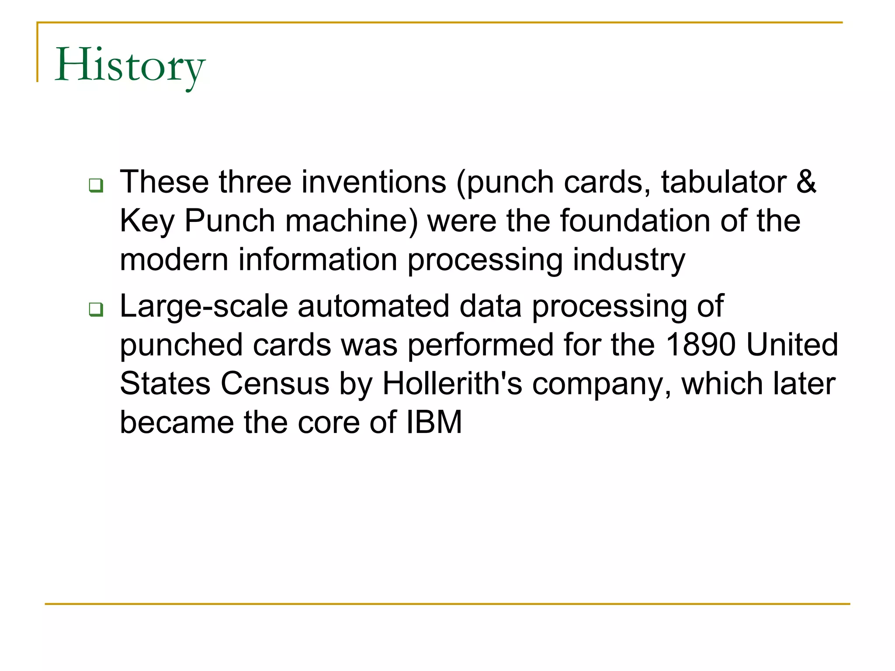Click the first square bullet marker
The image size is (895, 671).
point(96,185)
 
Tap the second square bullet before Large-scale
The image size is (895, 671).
point(96,309)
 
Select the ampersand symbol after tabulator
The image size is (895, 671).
point(806,182)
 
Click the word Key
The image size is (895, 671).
point(147,221)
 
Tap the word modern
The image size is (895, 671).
point(174,259)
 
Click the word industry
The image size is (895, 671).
point(629,260)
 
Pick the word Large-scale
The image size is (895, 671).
point(204,307)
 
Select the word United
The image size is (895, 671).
point(792,345)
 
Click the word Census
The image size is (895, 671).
point(275,384)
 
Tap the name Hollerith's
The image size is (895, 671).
point(452,384)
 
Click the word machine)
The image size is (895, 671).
point(352,221)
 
